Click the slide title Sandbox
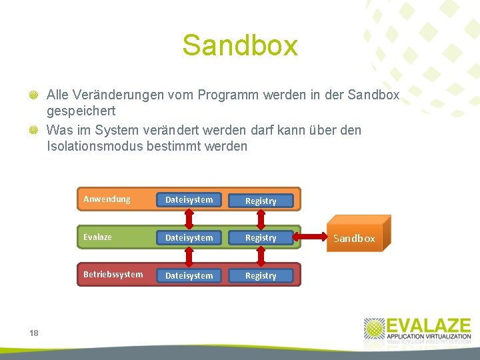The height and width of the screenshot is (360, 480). [x=239, y=46]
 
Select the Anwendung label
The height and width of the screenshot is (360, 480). [x=107, y=199]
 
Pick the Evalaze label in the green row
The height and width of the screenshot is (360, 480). [x=97, y=237]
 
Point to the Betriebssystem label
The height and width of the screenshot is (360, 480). [x=113, y=275]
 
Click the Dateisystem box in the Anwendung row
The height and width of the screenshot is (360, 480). [x=189, y=199]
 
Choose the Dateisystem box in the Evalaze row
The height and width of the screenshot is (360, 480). [x=189, y=237]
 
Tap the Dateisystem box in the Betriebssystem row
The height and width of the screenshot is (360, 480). [x=189, y=275]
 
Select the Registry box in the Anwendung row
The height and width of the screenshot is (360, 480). [x=261, y=201]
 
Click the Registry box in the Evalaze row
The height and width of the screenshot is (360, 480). [x=261, y=238]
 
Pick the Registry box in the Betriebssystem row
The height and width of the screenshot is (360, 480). [x=261, y=276]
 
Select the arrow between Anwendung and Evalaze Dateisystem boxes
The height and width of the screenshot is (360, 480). [x=189, y=218]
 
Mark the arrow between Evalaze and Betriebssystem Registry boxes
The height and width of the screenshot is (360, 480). [x=261, y=257]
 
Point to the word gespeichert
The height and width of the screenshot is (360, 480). [x=81, y=111]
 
